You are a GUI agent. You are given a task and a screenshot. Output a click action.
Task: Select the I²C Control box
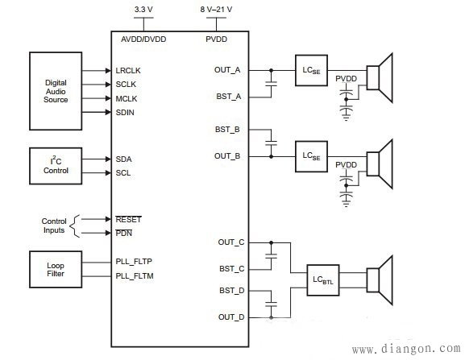click(x=56, y=166)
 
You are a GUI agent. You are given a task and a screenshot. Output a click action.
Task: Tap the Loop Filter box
click(x=56, y=269)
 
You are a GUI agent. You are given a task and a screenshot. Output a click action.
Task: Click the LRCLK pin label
click(x=129, y=70)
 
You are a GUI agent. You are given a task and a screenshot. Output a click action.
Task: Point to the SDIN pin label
click(x=127, y=112)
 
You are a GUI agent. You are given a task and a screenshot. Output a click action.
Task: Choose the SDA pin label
click(x=124, y=159)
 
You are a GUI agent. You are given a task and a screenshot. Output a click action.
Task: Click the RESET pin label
click(x=128, y=218)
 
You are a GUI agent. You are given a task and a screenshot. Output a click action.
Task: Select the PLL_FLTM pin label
click(x=135, y=276)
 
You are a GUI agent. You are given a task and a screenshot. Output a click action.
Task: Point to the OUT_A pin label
click(x=227, y=69)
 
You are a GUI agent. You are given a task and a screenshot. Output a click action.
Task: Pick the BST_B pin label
click(x=228, y=129)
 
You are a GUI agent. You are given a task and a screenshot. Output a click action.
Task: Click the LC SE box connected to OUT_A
click(x=311, y=69)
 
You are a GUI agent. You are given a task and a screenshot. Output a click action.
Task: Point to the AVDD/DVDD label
click(x=143, y=39)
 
